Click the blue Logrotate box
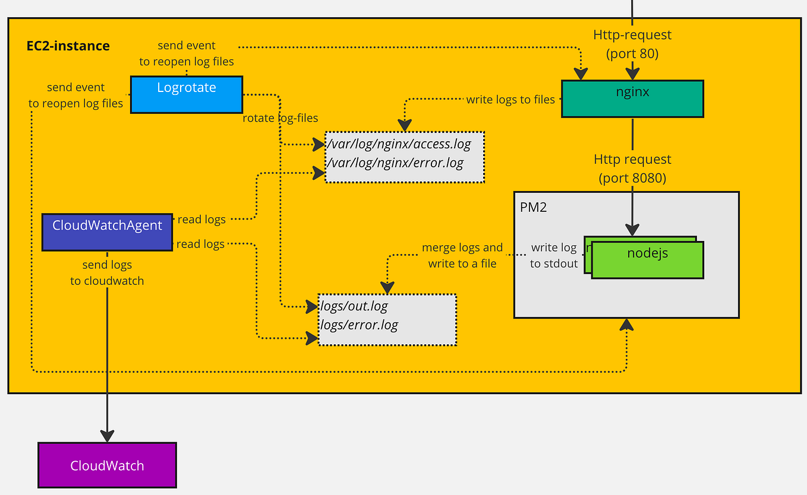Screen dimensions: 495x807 186,94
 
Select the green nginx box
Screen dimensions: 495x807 632,99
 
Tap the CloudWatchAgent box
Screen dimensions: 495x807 107,232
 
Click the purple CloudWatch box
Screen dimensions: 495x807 107,465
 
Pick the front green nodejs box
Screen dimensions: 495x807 647,259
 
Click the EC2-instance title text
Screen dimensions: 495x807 68,46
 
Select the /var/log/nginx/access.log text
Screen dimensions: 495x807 399,144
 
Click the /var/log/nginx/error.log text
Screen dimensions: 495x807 395,163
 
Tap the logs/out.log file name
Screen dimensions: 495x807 354,307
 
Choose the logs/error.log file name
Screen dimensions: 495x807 359,325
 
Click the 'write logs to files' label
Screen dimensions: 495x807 510,100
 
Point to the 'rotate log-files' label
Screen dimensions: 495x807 280,118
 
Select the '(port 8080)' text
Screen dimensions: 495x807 632,178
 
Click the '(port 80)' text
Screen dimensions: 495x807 632,53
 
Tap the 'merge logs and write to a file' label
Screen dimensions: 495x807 462,255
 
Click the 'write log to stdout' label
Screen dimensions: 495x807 554,255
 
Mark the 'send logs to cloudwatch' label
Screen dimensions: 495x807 107,272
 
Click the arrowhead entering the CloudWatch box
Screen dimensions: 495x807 107,436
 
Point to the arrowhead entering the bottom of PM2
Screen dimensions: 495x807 626,324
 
